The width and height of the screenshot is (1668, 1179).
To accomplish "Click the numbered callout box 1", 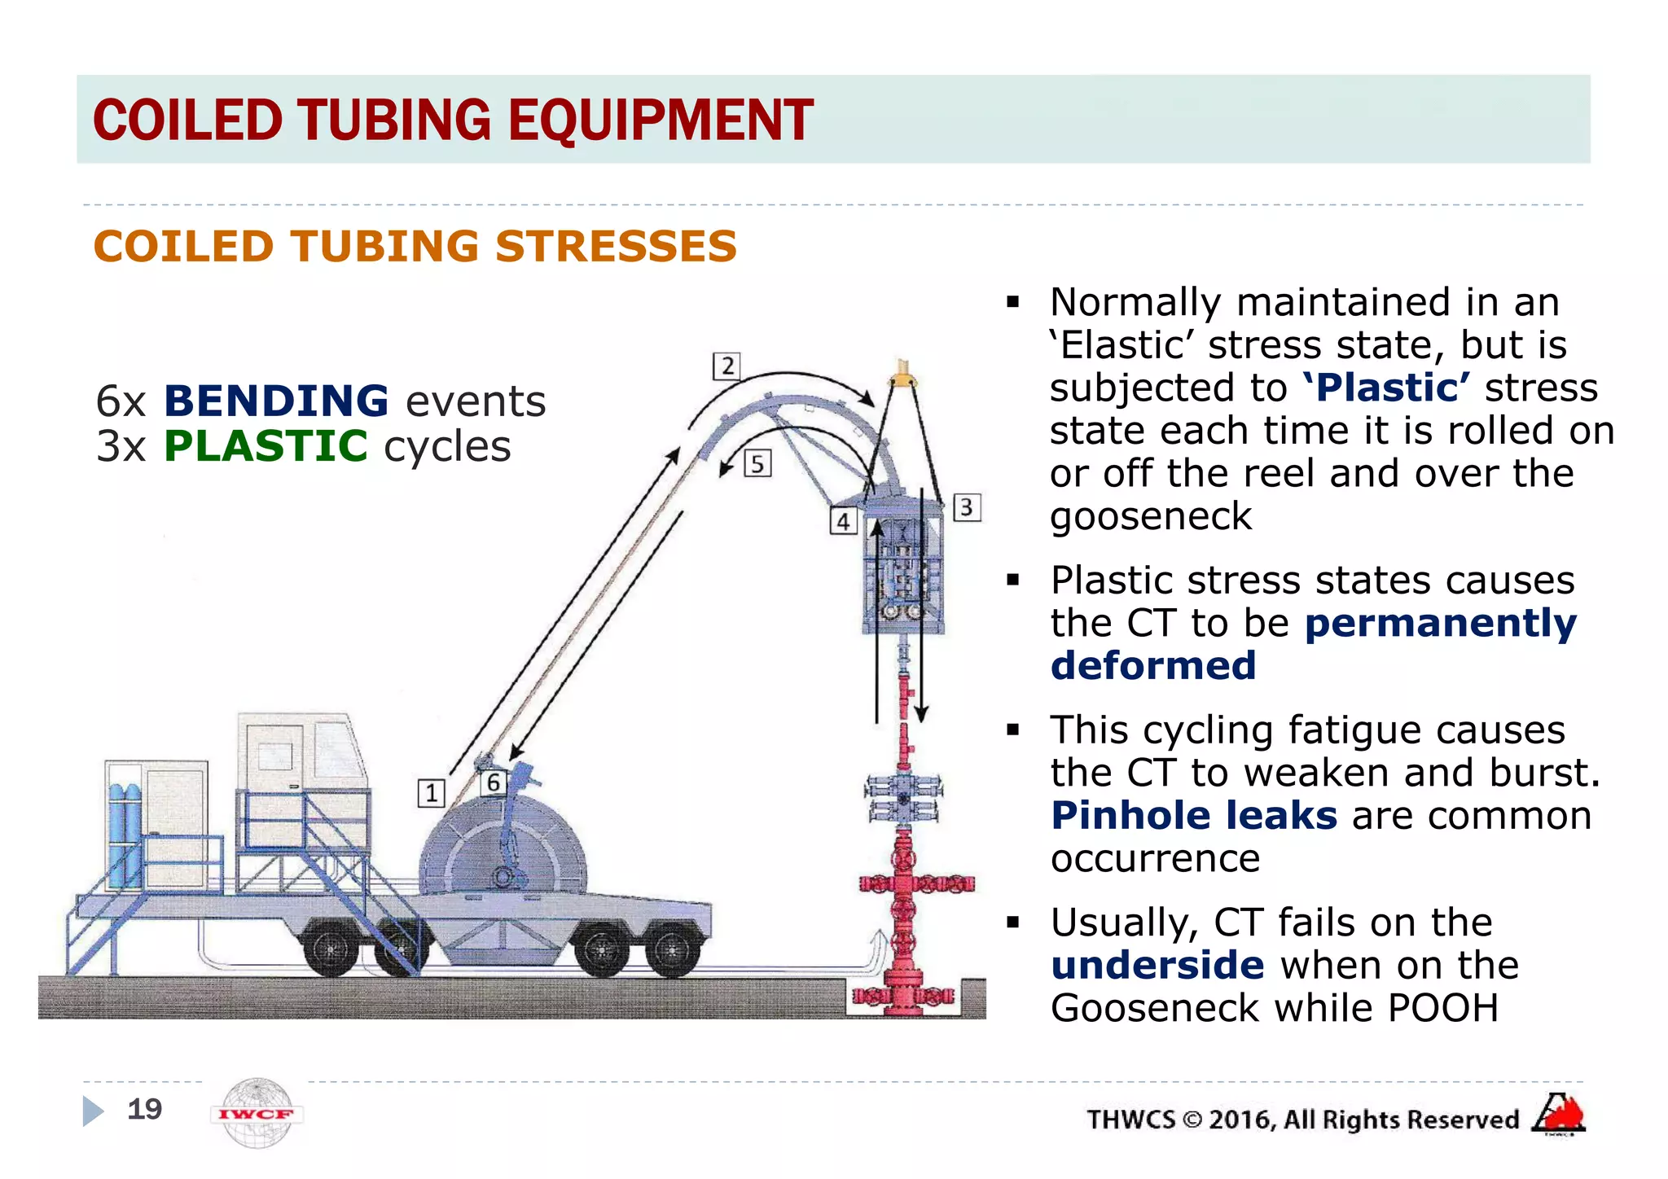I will click(431, 792).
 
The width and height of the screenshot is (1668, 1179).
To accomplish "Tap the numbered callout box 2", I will click(726, 366).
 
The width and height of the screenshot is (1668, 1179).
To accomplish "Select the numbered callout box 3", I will click(966, 507).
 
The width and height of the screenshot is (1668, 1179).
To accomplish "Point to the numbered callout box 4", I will click(844, 521).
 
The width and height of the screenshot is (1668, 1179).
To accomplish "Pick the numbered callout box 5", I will click(757, 463).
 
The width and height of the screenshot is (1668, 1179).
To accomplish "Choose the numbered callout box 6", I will click(493, 783).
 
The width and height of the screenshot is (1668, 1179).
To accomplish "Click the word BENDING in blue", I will click(276, 401).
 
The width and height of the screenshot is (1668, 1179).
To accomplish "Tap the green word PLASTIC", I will click(266, 446).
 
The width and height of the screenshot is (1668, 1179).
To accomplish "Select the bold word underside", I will click(1157, 966).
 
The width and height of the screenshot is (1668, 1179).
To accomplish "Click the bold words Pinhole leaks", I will click(1193, 816).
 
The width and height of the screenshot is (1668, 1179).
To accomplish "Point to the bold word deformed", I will click(1152, 666).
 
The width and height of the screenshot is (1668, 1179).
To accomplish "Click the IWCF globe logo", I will click(257, 1113).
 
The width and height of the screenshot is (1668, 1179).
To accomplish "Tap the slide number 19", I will click(145, 1109).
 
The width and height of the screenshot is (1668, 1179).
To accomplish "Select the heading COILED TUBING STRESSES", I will click(415, 247).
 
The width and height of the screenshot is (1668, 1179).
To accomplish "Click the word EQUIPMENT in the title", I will click(661, 121).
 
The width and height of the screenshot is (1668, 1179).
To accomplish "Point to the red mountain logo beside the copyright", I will click(1559, 1114).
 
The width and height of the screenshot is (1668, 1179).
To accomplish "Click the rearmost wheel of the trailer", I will click(331, 948).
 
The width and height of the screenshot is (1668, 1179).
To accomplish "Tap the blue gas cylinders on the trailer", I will click(124, 835).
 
